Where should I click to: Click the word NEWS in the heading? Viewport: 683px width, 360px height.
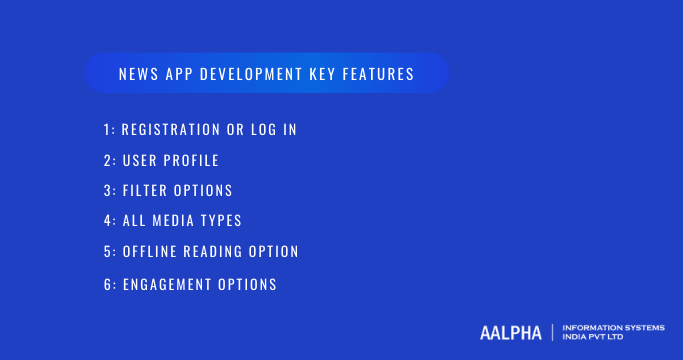click(x=135, y=75)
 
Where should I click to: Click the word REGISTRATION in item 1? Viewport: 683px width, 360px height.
click(x=168, y=130)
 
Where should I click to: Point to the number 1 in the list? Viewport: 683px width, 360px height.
click(x=106, y=130)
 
